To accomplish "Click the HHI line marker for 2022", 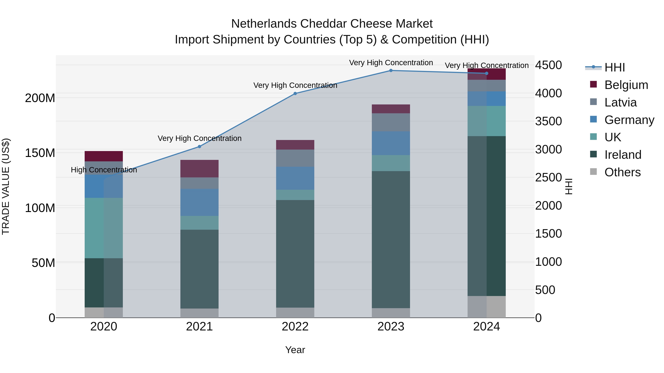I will coord(295,93).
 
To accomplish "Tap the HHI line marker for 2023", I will coord(391,70).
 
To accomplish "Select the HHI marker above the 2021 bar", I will coord(199,146).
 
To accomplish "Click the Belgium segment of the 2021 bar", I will coord(199,168).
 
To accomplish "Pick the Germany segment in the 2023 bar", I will coord(391,143).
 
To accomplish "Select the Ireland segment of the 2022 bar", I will coord(295,254).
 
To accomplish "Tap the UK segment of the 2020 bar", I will coord(104,228).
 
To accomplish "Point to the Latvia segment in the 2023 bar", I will coord(391,122).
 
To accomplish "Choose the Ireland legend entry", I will coord(622,155).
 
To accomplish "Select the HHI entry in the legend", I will coord(615,67).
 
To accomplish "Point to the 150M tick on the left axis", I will coord(40,153).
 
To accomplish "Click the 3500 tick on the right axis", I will coord(549,121).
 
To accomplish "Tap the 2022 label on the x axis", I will coord(295,327).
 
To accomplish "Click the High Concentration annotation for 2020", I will coord(104,170).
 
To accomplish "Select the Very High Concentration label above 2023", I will coord(391,63).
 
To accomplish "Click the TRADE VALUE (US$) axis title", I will coord(6,186).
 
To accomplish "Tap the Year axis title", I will coord(295,350).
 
